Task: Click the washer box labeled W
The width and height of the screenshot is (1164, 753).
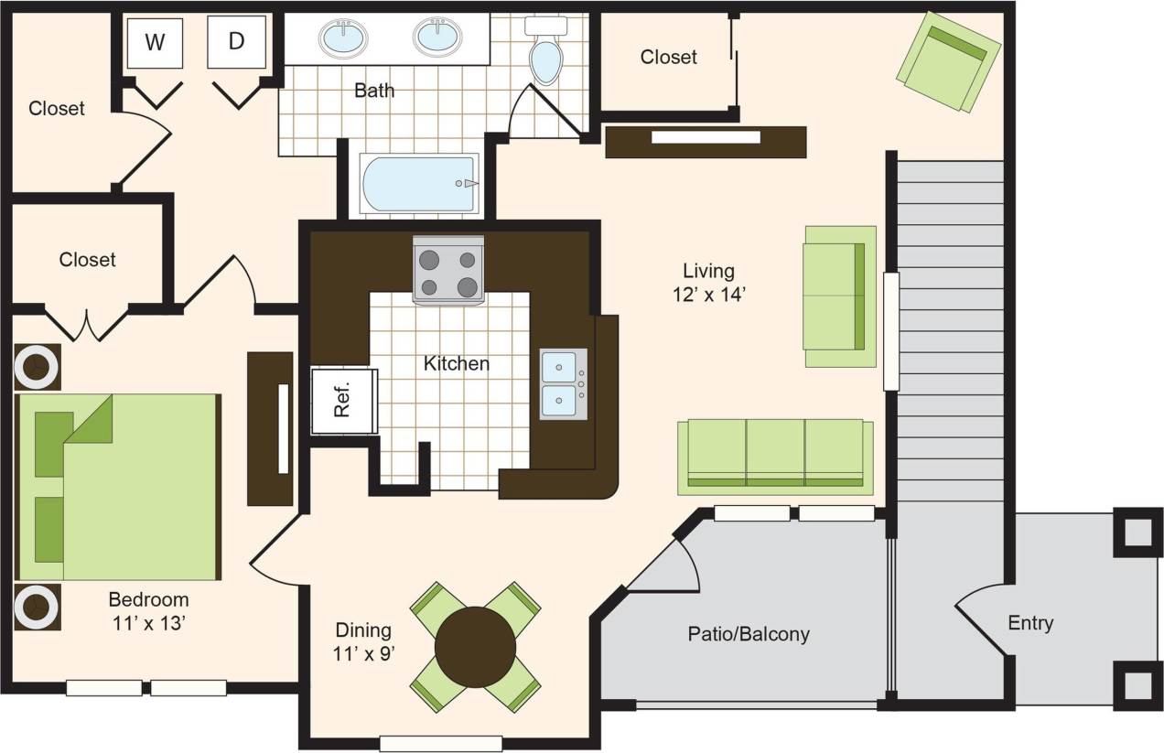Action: pos(155,42)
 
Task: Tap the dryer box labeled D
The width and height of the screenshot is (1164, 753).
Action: pos(236,42)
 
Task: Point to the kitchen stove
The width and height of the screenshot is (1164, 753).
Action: pos(448,270)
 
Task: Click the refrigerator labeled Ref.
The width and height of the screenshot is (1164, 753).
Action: pos(342,400)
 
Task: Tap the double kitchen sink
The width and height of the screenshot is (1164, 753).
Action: pos(563,383)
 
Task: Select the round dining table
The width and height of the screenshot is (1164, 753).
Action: pos(475,647)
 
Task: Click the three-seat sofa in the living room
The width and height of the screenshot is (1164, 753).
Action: pos(775,454)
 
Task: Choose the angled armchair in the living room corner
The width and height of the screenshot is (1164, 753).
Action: pos(948,60)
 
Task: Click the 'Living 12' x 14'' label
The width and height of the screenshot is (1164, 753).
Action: pos(708,282)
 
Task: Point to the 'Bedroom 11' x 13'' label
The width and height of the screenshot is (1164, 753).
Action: pos(148,610)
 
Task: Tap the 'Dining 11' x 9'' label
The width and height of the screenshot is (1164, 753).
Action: pos(363,640)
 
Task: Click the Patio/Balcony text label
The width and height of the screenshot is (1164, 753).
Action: pos(749,633)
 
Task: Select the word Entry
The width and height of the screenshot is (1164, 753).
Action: pos(1030,623)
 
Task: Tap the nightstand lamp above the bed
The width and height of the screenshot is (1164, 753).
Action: pos(38,367)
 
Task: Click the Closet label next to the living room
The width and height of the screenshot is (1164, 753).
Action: pos(668,57)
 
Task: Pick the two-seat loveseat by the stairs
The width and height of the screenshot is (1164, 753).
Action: pos(839,296)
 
